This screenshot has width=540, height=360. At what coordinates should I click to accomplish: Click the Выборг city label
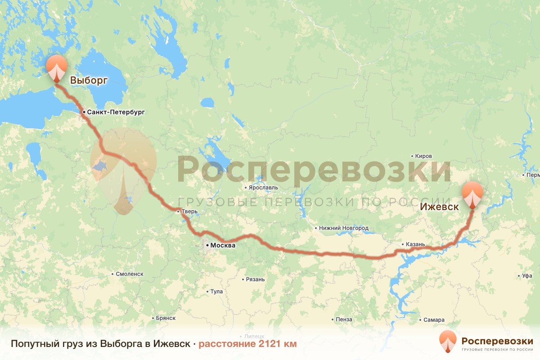point(89,81)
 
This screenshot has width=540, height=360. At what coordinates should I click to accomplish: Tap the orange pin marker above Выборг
point(56,68)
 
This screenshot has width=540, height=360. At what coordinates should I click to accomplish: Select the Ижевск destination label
point(440,207)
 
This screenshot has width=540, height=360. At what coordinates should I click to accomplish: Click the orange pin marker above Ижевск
point(472,193)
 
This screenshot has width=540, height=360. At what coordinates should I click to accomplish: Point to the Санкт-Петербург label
point(116,112)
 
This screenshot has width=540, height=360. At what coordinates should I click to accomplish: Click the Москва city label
point(223,246)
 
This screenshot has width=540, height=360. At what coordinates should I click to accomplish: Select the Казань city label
point(415,244)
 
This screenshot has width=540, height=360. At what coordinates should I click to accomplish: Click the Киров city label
point(423,156)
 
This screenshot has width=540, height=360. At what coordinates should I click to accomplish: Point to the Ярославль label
point(263,187)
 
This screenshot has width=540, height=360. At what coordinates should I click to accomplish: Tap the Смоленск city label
point(129,274)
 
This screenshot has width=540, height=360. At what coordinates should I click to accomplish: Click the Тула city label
point(216,292)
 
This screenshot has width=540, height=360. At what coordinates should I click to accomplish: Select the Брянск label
point(165,318)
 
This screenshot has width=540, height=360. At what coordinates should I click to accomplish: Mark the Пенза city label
point(344,319)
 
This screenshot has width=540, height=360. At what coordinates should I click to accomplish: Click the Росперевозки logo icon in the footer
point(448,342)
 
